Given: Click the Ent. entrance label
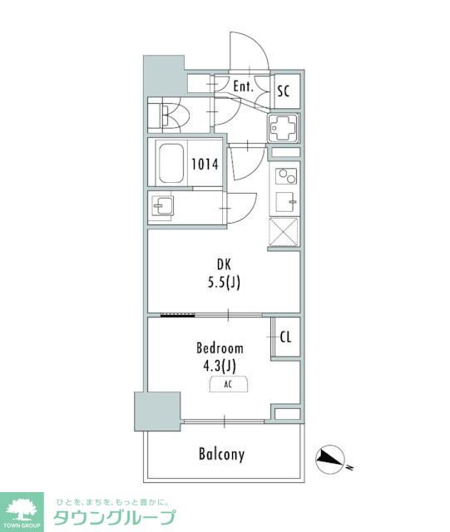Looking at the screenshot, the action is [243, 86].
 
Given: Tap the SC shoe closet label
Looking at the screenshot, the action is [284, 91].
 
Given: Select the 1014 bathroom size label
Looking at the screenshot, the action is [205, 165].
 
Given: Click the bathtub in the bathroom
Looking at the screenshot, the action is [171, 163].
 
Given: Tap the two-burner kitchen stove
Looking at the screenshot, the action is [285, 175].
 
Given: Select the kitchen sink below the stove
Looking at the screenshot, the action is [284, 201].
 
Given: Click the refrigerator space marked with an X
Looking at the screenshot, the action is [284, 232].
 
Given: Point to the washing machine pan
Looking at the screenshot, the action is [284, 127].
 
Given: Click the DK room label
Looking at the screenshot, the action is [224, 264].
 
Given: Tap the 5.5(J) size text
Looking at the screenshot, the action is [224, 283].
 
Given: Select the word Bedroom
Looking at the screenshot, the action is [220, 348].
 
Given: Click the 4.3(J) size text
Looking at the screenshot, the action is [220, 366].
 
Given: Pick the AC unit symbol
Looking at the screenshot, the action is [228, 384].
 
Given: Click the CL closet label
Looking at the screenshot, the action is [285, 337].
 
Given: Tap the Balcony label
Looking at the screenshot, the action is [221, 454].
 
